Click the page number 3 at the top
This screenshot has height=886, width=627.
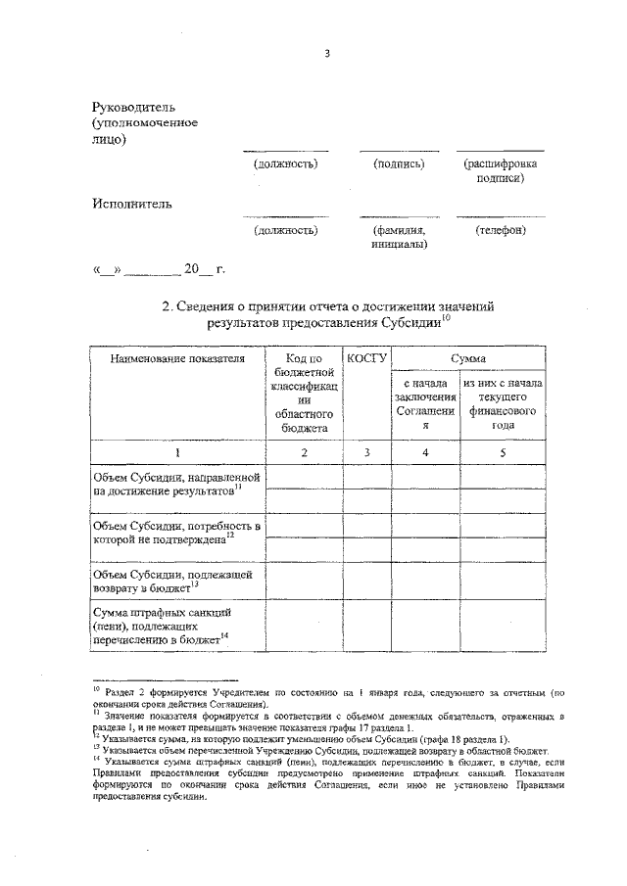tap(327, 54)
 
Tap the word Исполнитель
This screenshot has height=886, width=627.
tap(132, 205)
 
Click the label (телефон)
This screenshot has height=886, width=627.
tap(501, 231)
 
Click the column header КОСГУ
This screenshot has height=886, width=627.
tap(366, 360)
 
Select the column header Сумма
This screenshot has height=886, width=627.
tap(468, 360)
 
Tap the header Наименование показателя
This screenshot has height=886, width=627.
tap(176, 360)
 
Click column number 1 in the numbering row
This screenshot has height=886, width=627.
tap(176, 452)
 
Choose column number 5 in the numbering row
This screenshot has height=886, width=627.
tap(504, 452)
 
